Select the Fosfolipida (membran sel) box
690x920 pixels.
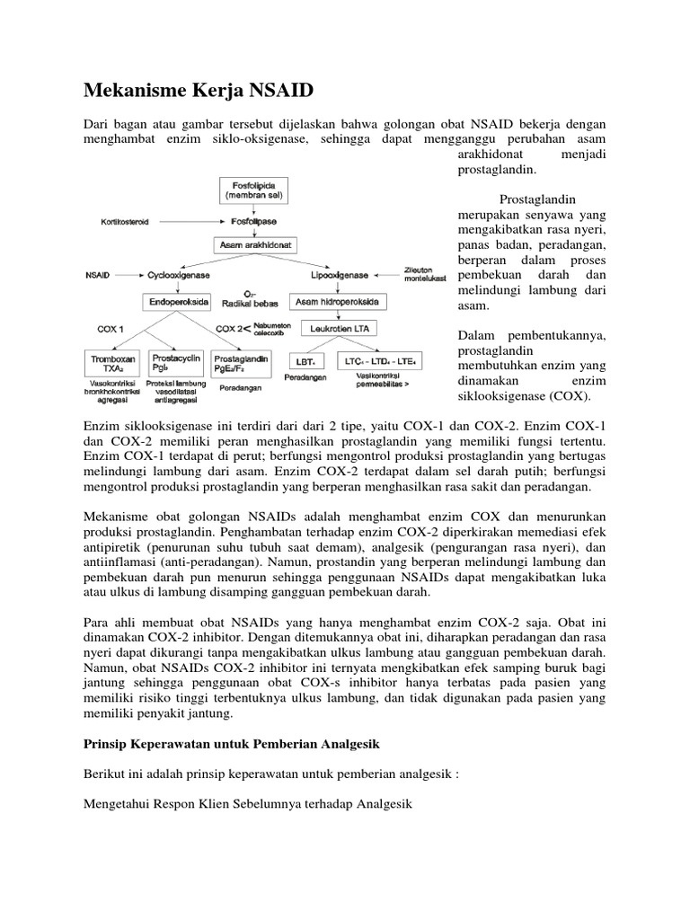tap(256, 190)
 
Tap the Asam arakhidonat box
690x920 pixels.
tap(256, 243)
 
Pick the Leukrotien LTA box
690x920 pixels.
tap(340, 330)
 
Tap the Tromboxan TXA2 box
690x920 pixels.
tap(112, 363)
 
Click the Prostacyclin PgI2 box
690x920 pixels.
tap(173, 363)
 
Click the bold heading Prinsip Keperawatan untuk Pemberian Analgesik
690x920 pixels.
tap(232, 745)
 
